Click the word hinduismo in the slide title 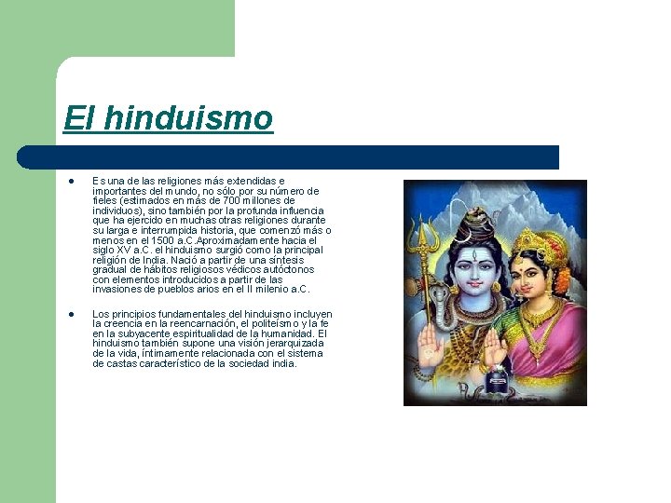189,119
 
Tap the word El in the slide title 79,119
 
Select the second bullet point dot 70,315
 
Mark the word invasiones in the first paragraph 116,289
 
